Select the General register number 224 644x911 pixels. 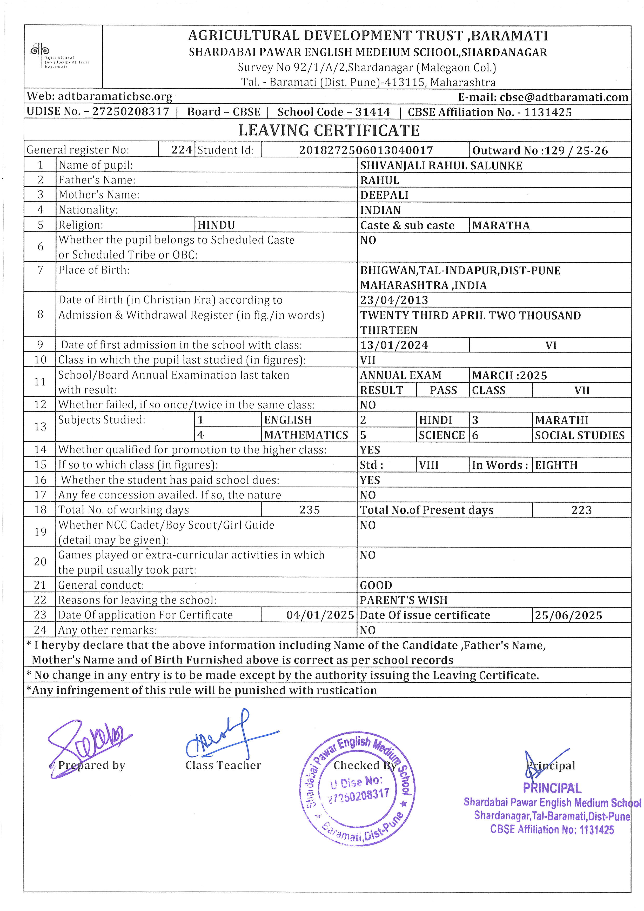tap(182, 150)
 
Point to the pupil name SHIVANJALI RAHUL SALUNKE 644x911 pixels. tap(441, 165)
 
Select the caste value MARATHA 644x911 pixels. tap(501, 225)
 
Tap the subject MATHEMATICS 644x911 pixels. tap(306, 435)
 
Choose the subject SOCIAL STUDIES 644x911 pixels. tap(579, 435)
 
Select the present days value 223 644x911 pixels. tap(581, 510)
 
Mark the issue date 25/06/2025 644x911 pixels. tap(568, 615)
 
